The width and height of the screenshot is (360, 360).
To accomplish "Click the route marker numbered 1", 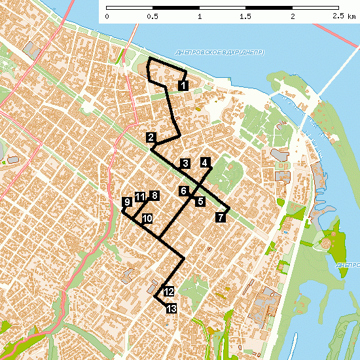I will pyautogui.click(x=183, y=85).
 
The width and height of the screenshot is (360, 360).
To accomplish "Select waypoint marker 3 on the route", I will pyautogui.click(x=185, y=163).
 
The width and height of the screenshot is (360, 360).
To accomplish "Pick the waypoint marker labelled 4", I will pyautogui.click(x=206, y=162).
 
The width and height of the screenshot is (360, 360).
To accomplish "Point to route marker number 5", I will pyautogui.click(x=200, y=202).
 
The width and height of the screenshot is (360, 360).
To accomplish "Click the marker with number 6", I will pyautogui.click(x=185, y=190).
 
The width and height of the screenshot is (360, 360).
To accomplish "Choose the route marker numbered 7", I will pyautogui.click(x=221, y=217).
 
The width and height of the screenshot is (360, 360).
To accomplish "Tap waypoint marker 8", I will pyautogui.click(x=154, y=195).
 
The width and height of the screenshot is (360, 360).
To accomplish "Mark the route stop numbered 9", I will pyautogui.click(x=126, y=202).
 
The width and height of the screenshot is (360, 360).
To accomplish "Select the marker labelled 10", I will pyautogui.click(x=147, y=218).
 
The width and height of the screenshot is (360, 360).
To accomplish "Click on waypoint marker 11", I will pyautogui.click(x=139, y=196).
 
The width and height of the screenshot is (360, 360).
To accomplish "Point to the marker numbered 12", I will pyautogui.click(x=168, y=292).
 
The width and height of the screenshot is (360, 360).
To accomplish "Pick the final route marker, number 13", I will pyautogui.click(x=171, y=309).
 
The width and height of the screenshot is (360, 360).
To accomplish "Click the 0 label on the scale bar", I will pyautogui.click(x=107, y=16).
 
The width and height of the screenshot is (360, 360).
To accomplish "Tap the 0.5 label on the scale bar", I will pyautogui.click(x=153, y=16).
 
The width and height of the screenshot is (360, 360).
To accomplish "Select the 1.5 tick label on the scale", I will pyautogui.click(x=245, y=16).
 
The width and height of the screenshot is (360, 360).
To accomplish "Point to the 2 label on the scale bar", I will pyautogui.click(x=293, y=16).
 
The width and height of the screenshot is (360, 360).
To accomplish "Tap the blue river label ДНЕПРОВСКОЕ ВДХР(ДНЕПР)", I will pyautogui.click(x=220, y=52).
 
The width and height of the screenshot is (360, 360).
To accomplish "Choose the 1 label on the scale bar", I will pyautogui.click(x=199, y=16).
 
